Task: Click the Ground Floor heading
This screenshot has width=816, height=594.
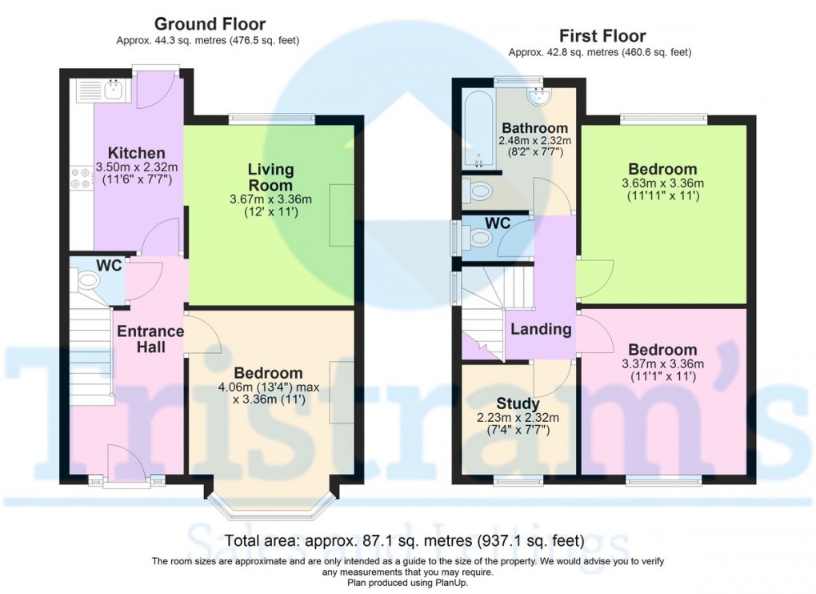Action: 210,24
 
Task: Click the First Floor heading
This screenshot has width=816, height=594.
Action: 602,35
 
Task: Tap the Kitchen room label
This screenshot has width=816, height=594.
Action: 137,153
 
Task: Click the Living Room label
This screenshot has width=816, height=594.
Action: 270,177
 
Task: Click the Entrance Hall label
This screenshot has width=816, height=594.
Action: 150,339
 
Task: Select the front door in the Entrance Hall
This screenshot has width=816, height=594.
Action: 126,468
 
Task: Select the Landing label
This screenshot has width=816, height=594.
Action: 541,329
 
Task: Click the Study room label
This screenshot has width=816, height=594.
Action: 517,403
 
